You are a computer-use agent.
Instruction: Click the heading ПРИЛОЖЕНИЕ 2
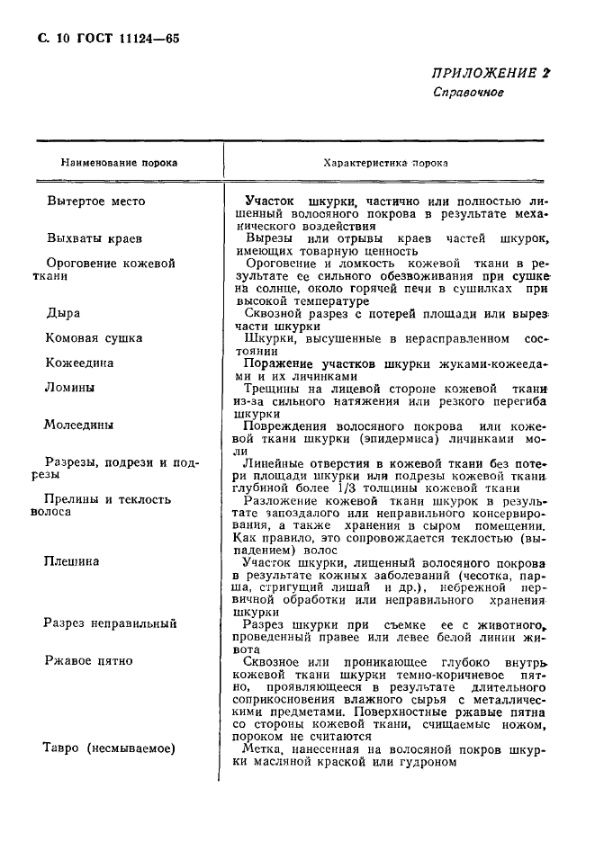tap(490, 73)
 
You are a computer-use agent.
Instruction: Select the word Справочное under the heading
tap(468, 93)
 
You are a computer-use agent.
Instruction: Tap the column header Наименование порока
tap(119, 164)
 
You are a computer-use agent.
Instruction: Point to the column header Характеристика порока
tap(386, 164)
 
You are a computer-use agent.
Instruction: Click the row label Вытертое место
tap(95, 202)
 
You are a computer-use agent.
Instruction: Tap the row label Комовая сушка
tap(95, 338)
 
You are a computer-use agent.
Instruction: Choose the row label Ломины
tap(70, 388)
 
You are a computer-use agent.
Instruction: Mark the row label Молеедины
tap(80, 425)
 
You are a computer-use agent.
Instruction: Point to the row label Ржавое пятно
tap(89, 660)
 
